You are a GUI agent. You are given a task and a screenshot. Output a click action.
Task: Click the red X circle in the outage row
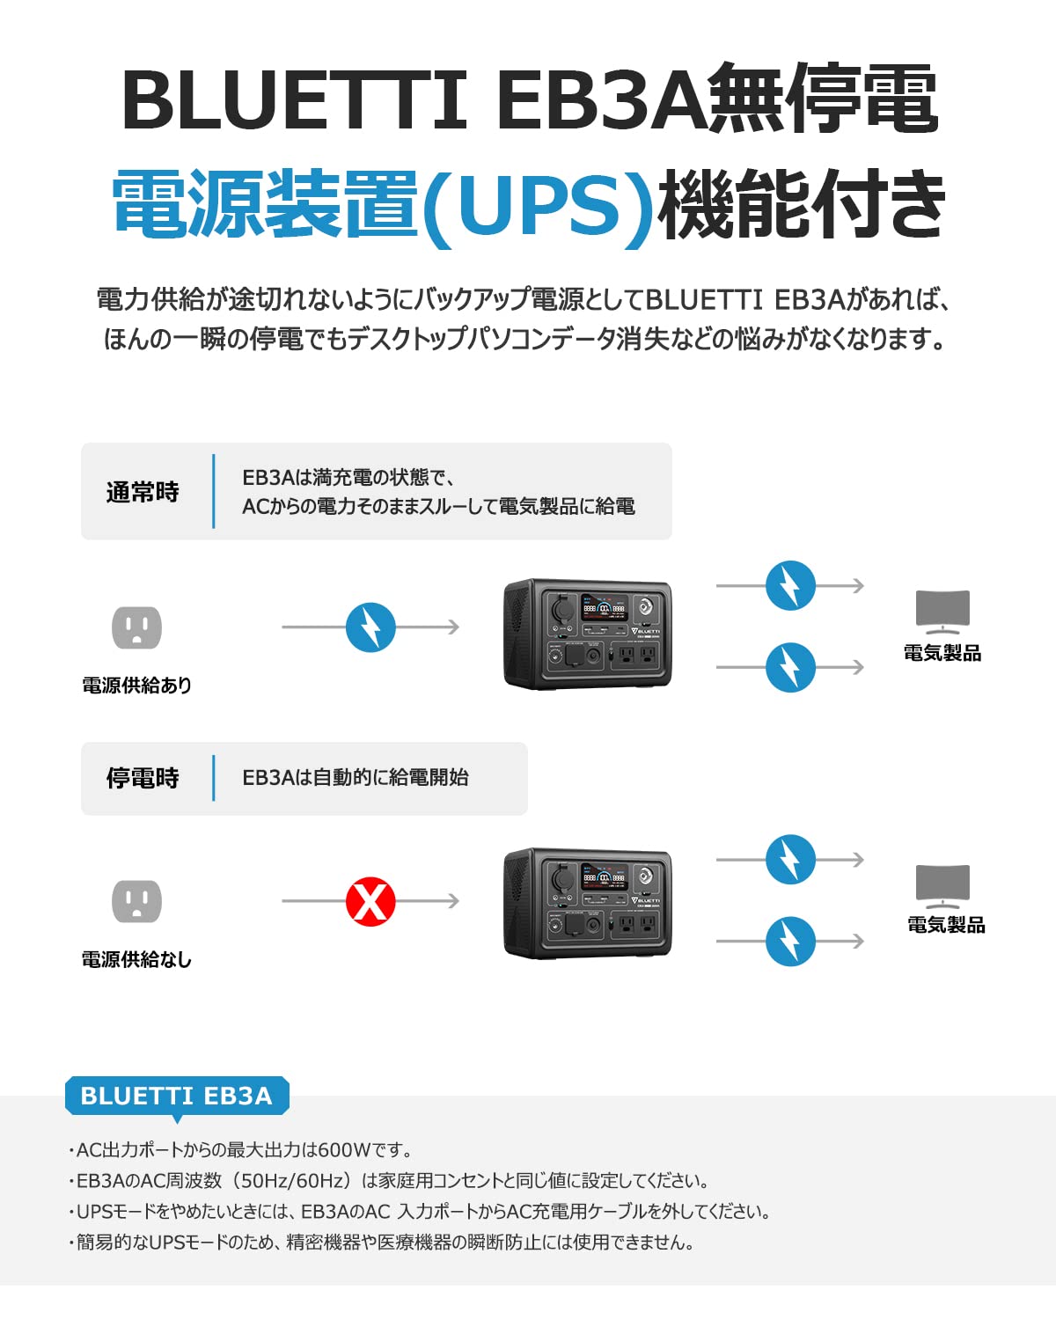370,901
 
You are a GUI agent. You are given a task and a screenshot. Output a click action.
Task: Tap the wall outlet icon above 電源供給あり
136,627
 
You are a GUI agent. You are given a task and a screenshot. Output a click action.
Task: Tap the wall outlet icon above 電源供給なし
136,901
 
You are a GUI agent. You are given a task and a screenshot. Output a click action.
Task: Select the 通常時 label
143,492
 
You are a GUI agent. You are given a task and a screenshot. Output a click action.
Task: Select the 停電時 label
143,778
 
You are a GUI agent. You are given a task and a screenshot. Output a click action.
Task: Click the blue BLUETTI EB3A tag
176,1096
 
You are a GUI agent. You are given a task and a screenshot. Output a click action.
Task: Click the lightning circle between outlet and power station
370,627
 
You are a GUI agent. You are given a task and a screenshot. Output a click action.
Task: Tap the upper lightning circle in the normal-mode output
790,585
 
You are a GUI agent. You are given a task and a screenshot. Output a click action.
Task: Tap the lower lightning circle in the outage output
790,942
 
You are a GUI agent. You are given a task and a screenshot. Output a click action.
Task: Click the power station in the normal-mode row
587,634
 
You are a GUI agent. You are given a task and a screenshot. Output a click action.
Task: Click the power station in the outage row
587,904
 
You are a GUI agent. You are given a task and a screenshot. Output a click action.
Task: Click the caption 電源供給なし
136,959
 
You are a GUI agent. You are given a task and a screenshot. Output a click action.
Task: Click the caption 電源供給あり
136,685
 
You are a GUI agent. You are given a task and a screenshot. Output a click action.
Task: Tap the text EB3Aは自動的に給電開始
355,778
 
